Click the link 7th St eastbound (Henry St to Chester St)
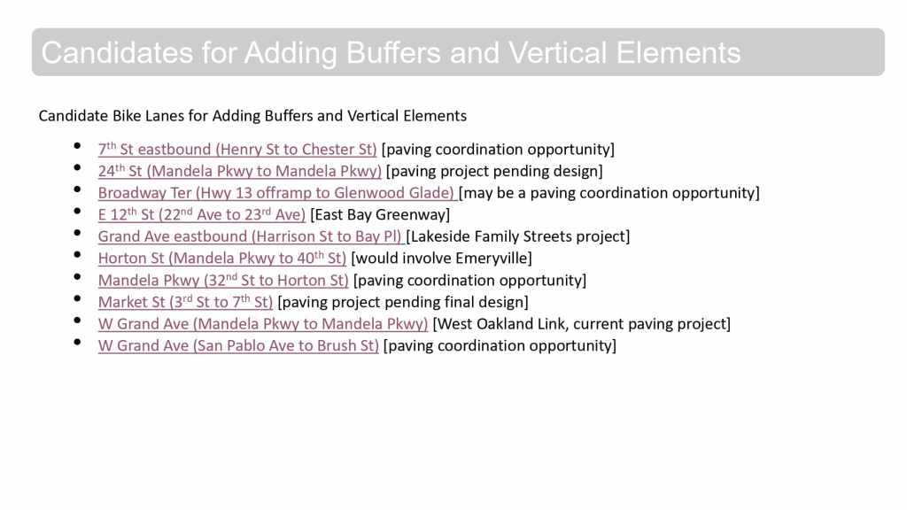click(x=237, y=149)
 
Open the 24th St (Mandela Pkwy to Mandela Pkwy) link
click(x=239, y=171)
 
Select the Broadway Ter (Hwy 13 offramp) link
click(x=276, y=192)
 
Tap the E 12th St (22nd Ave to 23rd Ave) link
click(x=201, y=214)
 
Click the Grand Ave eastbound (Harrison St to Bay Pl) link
click(x=249, y=236)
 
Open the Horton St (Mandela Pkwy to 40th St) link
click(x=222, y=258)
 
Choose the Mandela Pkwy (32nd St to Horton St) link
click(x=223, y=280)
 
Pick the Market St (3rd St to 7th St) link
click(x=185, y=302)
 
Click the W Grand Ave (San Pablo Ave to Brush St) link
click(x=238, y=346)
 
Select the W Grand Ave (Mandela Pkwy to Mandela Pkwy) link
click(x=262, y=324)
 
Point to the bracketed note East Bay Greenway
click(x=380, y=214)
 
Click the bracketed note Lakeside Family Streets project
click(x=518, y=236)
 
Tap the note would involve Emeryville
click(x=441, y=258)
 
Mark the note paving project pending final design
click(x=403, y=302)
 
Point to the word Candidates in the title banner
click(x=117, y=53)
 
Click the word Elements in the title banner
click(x=678, y=53)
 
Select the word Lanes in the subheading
click(x=164, y=116)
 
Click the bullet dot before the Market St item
click(x=78, y=298)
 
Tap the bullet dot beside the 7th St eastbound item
click(x=78, y=146)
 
